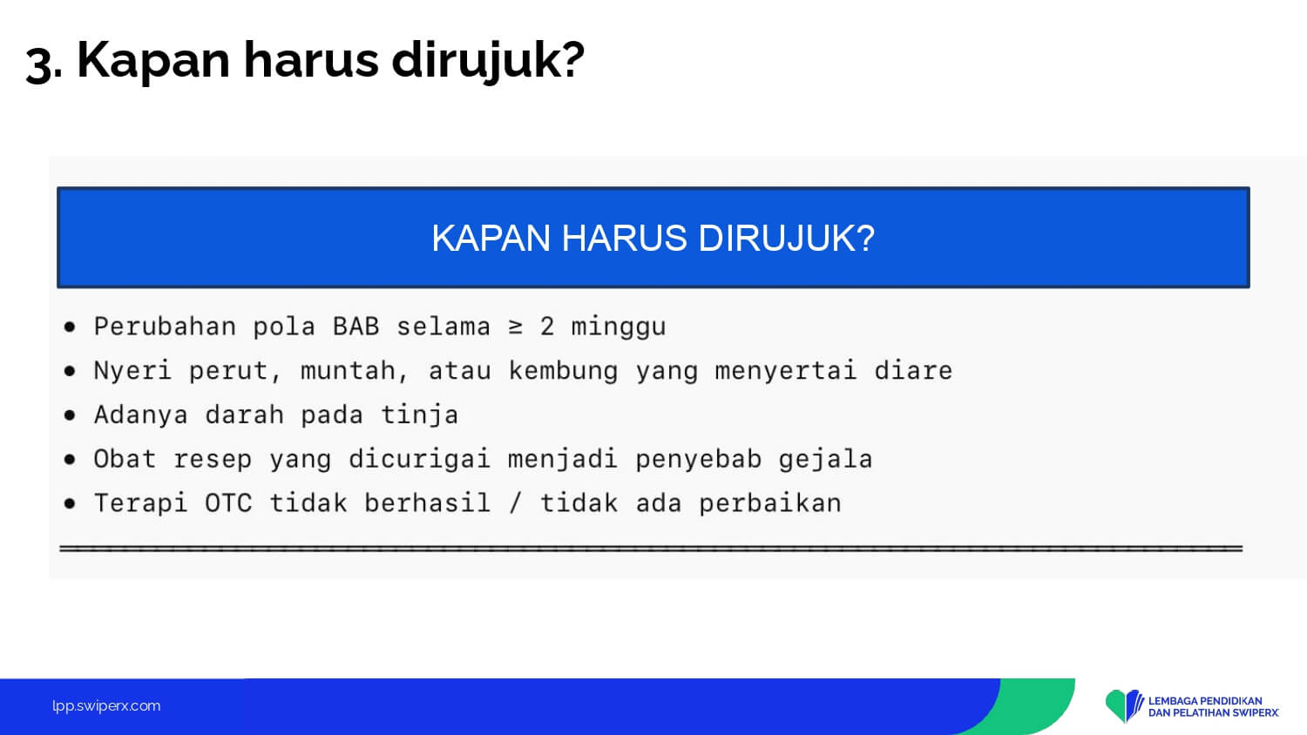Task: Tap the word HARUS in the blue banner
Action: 624,238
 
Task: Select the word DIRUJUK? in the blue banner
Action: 787,238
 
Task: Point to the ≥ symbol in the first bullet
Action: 515,327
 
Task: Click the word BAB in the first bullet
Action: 356,326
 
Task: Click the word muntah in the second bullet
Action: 348,370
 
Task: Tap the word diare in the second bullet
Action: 913,370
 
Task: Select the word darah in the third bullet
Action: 245,415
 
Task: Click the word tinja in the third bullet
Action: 419,415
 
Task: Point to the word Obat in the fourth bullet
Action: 125,458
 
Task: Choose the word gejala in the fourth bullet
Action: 826,460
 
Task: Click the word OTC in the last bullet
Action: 228,502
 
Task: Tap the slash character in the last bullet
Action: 515,502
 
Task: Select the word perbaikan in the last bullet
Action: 770,503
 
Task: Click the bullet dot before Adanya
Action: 70,415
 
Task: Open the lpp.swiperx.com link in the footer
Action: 106,706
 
